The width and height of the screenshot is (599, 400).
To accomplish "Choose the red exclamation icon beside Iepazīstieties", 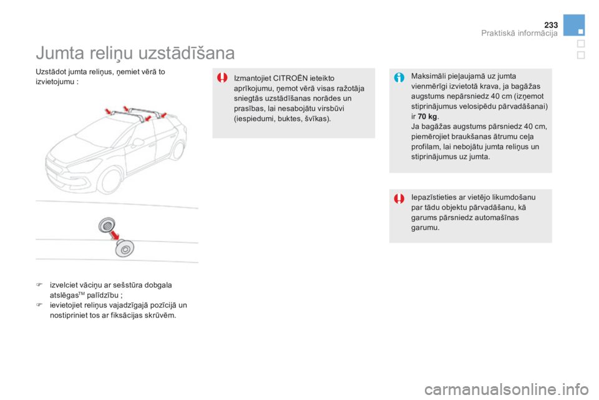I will coord(399,198).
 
